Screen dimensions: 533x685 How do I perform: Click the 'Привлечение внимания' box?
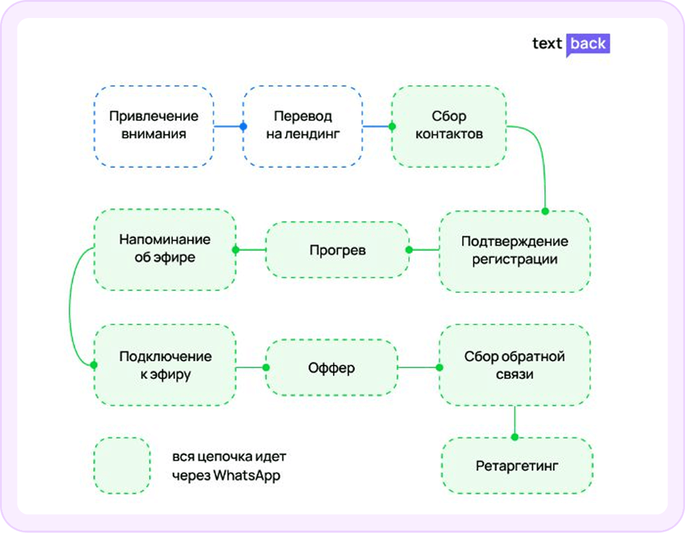coord(154,125)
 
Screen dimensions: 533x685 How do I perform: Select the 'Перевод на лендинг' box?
coord(302,125)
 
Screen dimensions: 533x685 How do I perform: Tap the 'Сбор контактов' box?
coord(448,125)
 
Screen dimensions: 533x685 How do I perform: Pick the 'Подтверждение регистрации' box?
coord(514,250)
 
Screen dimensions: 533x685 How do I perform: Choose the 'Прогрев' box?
coord(337,250)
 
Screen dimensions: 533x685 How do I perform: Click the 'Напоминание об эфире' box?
coord(165,249)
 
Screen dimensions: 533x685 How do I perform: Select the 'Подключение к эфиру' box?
coord(165,366)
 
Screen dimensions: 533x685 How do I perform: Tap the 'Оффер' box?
coord(331,367)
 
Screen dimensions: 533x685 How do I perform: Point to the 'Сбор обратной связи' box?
coord(514,366)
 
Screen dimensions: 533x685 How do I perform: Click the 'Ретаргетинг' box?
coord(517,466)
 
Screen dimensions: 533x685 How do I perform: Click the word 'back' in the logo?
coord(588,44)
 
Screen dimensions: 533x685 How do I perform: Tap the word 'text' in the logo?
coord(547,44)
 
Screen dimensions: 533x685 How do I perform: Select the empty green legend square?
coord(122,465)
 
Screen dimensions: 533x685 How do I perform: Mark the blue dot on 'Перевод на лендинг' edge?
coord(243,127)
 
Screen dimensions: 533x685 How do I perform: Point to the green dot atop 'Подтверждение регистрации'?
coord(545,211)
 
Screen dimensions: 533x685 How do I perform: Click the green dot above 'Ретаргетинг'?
coord(515,436)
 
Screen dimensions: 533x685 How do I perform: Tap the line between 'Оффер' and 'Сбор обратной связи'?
coord(418,367)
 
